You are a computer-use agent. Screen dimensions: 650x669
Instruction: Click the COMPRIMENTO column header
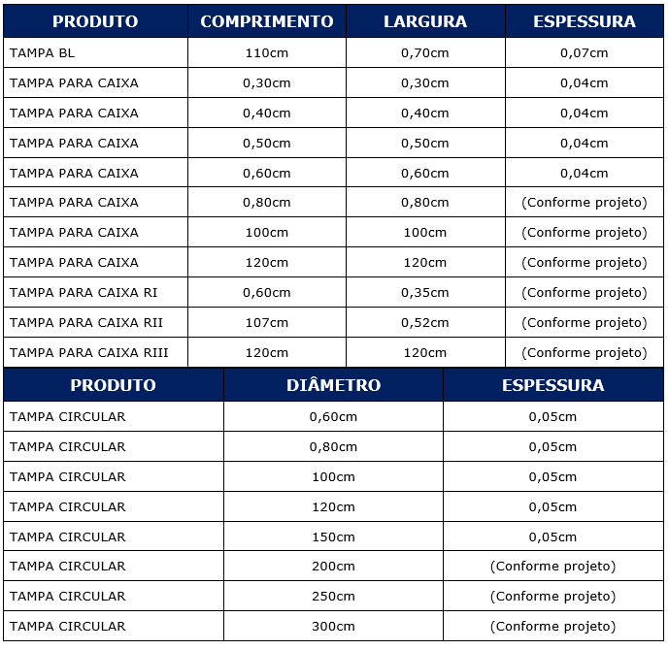(x=267, y=21)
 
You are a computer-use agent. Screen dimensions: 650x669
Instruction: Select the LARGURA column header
(x=425, y=21)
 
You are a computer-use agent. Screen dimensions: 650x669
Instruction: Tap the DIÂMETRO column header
(x=333, y=385)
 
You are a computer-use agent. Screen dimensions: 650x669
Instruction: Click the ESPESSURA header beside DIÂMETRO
(x=552, y=385)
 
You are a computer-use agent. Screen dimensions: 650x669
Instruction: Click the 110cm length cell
(x=267, y=53)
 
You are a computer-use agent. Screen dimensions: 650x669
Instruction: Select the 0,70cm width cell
(x=425, y=53)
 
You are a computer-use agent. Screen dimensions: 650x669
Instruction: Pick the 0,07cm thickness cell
(x=585, y=53)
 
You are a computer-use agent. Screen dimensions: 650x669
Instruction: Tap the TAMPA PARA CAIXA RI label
(x=84, y=292)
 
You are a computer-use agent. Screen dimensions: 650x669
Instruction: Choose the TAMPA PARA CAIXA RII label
(x=86, y=322)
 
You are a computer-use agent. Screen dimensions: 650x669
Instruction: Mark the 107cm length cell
(x=267, y=322)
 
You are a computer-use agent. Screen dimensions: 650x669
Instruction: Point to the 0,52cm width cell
(x=425, y=322)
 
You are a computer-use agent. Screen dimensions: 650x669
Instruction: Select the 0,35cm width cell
(x=425, y=292)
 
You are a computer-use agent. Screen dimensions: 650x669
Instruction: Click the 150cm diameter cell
(x=333, y=536)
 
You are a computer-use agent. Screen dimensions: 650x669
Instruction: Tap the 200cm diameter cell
(x=333, y=567)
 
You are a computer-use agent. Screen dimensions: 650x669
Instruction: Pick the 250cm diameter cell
(x=333, y=597)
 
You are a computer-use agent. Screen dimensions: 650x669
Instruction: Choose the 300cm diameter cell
(x=333, y=627)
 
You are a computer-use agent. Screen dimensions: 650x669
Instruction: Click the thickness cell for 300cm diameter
(x=552, y=627)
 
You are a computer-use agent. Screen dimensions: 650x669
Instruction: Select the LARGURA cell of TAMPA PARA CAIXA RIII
(x=425, y=352)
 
